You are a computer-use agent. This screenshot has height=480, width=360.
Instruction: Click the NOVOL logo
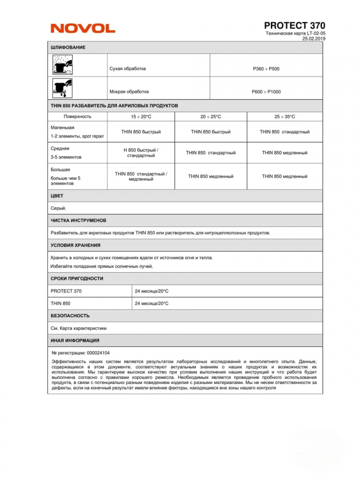[83, 28]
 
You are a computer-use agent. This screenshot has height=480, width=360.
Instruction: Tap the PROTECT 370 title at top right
[294, 25]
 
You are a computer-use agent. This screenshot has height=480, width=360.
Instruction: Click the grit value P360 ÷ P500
[266, 69]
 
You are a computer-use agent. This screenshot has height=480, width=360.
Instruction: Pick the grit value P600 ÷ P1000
[266, 92]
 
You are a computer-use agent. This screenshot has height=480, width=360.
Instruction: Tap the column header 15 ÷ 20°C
[141, 117]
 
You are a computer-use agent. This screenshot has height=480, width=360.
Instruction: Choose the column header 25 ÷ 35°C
[285, 117]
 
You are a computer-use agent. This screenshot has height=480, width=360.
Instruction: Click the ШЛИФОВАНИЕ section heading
[68, 48]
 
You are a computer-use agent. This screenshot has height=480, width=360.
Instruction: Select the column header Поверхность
[77, 117]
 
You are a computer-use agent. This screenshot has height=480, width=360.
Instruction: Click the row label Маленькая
[62, 128]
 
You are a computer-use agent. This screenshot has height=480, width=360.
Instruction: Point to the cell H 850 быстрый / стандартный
[141, 153]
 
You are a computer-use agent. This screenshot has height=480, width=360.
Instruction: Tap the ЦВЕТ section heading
[57, 196]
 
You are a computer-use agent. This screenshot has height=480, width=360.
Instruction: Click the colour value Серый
[59, 208]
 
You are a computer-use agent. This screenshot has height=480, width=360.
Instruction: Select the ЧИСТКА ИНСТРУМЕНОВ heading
[78, 220]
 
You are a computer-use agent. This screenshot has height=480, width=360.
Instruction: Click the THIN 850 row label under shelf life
[60, 303]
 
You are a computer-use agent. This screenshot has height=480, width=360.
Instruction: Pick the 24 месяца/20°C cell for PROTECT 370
[152, 291]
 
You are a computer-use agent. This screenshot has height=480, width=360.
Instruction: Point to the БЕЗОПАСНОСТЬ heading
[70, 316]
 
